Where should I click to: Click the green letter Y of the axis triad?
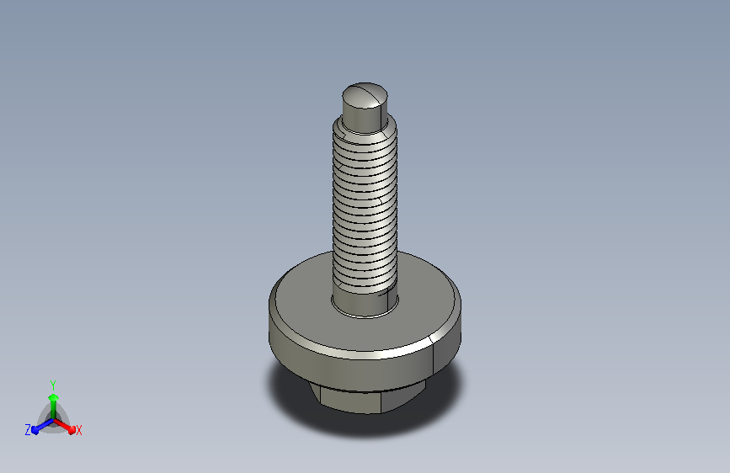53,385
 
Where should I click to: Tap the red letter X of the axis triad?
78,431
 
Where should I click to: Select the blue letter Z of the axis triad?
28,430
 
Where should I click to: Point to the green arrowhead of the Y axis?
54,398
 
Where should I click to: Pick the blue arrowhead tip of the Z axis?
35,431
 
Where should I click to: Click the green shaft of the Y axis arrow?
54,410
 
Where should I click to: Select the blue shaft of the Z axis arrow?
45,424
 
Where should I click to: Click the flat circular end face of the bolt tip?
365,96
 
